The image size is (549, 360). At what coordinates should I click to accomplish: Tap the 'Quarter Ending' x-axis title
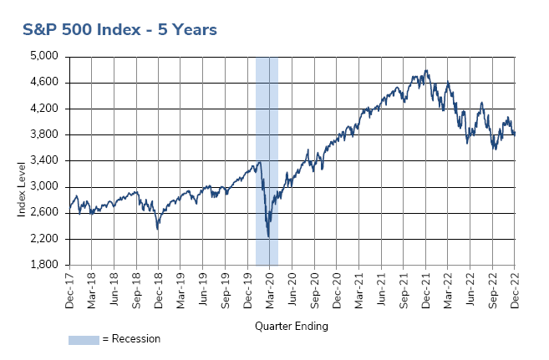pyautogui.click(x=292, y=326)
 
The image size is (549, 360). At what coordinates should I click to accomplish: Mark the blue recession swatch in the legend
pyautogui.click(x=84, y=340)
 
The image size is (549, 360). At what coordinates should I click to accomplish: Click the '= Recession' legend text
pyautogui.click(x=130, y=339)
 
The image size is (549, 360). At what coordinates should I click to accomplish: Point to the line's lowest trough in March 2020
pyautogui.click(x=268, y=238)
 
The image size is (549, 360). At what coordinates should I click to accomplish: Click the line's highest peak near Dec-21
pyautogui.click(x=426, y=70)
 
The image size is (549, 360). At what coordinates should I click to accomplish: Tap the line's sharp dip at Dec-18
pyautogui.click(x=157, y=228)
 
